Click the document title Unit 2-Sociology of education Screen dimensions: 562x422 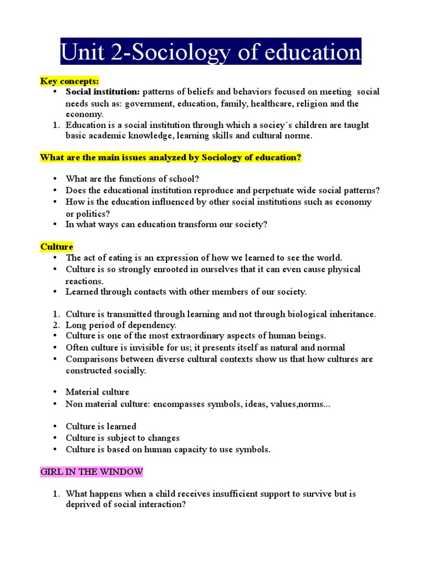coord(210,52)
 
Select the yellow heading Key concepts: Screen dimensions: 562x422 coord(69,81)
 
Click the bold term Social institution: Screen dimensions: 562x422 coord(103,92)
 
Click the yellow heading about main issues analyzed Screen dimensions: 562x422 coord(170,158)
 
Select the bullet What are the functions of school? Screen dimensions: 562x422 coord(132,179)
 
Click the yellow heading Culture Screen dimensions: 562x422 coord(57,246)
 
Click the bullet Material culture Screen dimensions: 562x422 coord(97,392)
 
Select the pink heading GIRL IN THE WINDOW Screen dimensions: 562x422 coord(92,471)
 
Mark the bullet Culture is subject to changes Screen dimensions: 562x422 coord(123,438)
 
